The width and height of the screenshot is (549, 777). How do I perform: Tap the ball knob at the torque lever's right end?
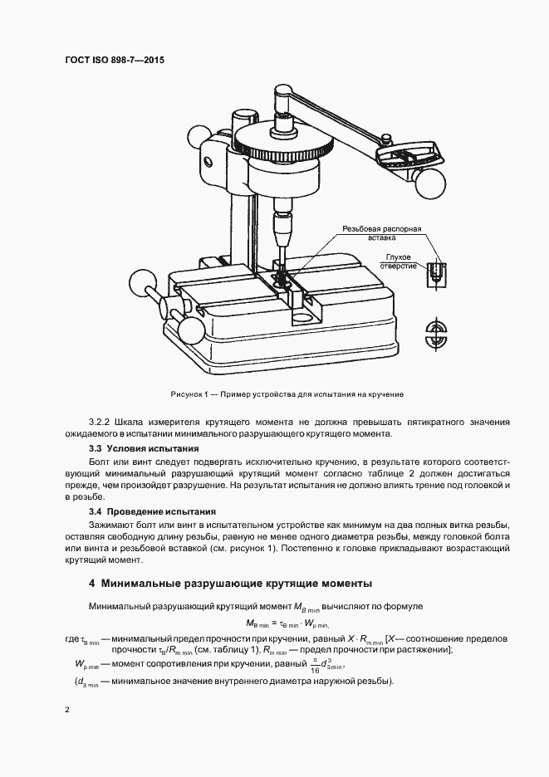pyautogui.click(x=431, y=178)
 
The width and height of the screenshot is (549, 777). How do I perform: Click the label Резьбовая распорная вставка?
pyautogui.click(x=384, y=232)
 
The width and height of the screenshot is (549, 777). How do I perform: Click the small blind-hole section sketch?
pyautogui.click(x=433, y=274)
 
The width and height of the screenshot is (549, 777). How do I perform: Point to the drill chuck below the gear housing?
pyautogui.click(x=282, y=222)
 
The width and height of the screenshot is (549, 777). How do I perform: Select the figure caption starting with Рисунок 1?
pyautogui.click(x=281, y=393)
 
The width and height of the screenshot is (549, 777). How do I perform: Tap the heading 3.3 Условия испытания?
pyautogui.click(x=144, y=448)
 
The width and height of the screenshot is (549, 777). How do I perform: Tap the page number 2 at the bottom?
pyautogui.click(x=66, y=711)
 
